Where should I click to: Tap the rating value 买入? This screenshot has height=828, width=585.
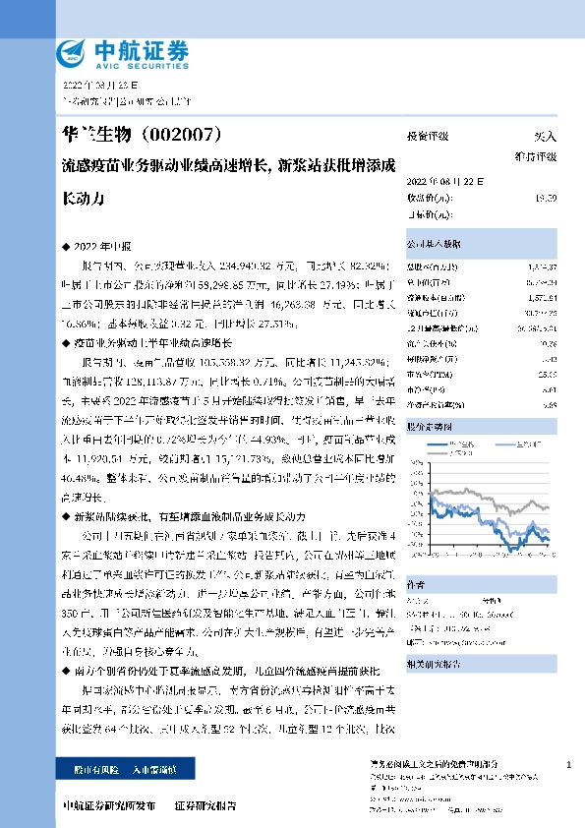[545, 137]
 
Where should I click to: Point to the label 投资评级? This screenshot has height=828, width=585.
[428, 137]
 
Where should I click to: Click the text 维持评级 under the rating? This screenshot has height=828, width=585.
[537, 156]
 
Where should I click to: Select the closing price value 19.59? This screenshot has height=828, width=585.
[547, 198]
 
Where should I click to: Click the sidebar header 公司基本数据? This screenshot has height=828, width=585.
[434, 241]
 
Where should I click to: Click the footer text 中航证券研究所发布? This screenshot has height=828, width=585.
[108, 805]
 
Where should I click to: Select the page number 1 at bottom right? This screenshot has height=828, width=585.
[568, 764]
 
